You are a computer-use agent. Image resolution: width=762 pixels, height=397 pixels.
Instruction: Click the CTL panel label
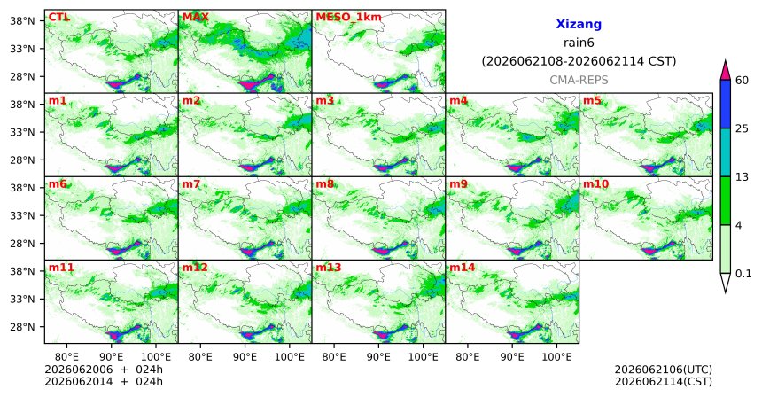click(x=58, y=18)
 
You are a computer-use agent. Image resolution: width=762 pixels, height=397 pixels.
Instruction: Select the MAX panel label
click(x=195, y=18)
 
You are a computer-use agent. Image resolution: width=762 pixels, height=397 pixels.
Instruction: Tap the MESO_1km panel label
click(x=348, y=18)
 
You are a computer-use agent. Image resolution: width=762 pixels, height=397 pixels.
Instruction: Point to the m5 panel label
click(x=592, y=101)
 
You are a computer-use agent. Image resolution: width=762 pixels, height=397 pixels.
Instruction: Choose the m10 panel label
click(x=595, y=184)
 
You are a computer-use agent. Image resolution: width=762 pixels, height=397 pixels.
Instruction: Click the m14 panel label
click(x=463, y=268)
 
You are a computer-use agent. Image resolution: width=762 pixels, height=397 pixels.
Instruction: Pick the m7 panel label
click(x=191, y=184)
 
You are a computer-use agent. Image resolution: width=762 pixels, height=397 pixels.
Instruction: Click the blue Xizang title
click(x=579, y=24)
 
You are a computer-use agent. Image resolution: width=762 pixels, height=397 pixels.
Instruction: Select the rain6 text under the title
click(x=579, y=43)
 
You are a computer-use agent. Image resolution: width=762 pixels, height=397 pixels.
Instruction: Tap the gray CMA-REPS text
click(x=579, y=80)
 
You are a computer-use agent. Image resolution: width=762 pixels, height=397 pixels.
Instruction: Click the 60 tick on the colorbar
click(x=743, y=81)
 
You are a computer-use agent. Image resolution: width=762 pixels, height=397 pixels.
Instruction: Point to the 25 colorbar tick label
click(x=743, y=128)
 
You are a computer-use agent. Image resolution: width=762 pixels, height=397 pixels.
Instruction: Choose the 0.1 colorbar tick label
click(x=743, y=274)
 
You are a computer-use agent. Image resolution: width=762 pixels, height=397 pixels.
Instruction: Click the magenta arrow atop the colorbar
click(x=726, y=70)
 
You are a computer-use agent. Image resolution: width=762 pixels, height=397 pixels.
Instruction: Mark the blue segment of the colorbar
click(x=726, y=104)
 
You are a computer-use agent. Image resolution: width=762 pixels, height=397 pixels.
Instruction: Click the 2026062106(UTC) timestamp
click(x=664, y=370)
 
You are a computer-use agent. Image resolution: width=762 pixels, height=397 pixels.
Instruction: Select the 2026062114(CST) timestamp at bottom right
click(x=664, y=382)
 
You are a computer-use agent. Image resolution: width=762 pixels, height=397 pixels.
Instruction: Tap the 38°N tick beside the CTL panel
click(x=22, y=21)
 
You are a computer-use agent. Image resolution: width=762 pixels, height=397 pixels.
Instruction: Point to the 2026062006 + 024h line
click(x=104, y=370)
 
